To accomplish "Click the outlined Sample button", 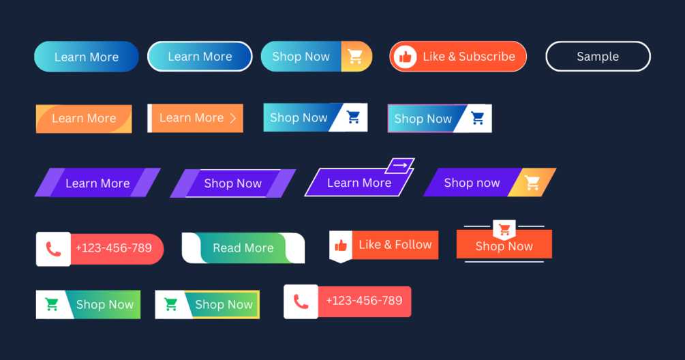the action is [598, 57].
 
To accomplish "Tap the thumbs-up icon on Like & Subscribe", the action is [405, 57].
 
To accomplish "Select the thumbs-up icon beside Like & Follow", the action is [341, 245].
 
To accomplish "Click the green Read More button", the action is [243, 248].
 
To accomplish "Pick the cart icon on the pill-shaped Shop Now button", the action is [355, 57].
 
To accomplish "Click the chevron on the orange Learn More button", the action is [233, 118].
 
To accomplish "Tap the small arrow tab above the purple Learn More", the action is [399, 166].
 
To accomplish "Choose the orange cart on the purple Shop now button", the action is [532, 183].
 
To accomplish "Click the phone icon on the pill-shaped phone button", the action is [53, 249].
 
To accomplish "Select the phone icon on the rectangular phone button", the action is [301, 301].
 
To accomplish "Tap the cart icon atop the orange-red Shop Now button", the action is [504, 229].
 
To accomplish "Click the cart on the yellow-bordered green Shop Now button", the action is [170, 304].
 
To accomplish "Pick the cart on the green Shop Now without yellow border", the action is [52, 304].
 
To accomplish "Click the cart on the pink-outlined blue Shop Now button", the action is [478, 118].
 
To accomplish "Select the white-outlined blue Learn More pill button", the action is [200, 57].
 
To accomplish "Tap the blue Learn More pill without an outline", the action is [87, 57].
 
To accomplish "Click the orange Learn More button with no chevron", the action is [84, 119].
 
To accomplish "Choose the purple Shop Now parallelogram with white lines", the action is [233, 183].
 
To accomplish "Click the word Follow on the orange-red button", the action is [413, 245].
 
